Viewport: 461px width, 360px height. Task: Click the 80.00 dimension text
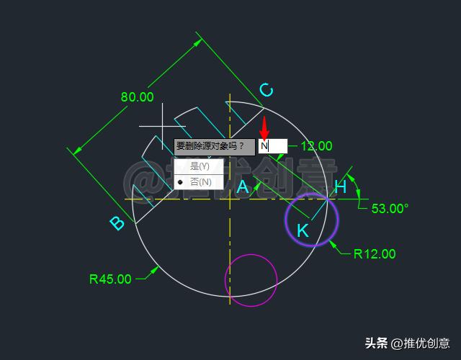(137, 96)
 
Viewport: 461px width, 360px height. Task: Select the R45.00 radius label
(110, 279)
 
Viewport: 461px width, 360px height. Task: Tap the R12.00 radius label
(375, 253)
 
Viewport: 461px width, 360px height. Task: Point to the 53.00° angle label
(390, 209)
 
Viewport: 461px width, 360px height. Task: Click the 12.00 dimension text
(316, 146)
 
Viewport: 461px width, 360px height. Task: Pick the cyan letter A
(243, 187)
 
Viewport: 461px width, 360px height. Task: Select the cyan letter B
(117, 223)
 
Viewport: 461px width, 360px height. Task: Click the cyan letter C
(266, 89)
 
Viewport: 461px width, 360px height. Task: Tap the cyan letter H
(341, 187)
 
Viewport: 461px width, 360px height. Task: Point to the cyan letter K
(303, 230)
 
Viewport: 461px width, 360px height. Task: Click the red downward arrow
(264, 128)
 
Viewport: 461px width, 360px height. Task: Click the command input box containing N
(272, 146)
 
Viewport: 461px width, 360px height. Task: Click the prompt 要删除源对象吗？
(214, 146)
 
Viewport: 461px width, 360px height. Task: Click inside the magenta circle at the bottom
(251, 280)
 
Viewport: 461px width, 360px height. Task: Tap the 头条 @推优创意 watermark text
(407, 343)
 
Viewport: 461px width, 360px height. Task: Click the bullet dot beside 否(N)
(180, 182)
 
